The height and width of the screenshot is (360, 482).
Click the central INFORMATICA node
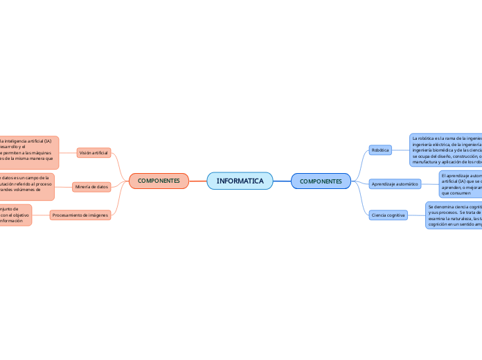click(240, 181)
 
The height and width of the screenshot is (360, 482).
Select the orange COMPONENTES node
click(159, 181)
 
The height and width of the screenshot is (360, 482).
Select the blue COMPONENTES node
click(321, 181)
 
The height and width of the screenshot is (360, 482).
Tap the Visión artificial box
click(93, 152)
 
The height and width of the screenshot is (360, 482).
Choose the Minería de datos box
click(91, 186)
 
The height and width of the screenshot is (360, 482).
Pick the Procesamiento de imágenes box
click(80, 215)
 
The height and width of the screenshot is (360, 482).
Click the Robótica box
click(380, 150)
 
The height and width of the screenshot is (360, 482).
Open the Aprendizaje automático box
click(395, 184)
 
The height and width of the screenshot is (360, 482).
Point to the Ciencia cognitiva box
click(388, 215)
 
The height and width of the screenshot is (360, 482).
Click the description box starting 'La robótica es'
click(446, 150)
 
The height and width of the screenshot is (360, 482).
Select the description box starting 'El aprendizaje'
click(461, 184)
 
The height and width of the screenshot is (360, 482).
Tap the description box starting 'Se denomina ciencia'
click(454, 215)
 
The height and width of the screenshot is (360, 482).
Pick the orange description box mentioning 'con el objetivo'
click(15, 215)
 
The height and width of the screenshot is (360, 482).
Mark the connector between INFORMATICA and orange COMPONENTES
click(198, 181)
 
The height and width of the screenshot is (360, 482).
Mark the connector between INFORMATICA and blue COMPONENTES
click(282, 181)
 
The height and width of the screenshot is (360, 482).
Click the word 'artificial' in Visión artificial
click(100, 152)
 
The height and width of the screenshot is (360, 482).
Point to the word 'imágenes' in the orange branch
click(96, 215)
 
